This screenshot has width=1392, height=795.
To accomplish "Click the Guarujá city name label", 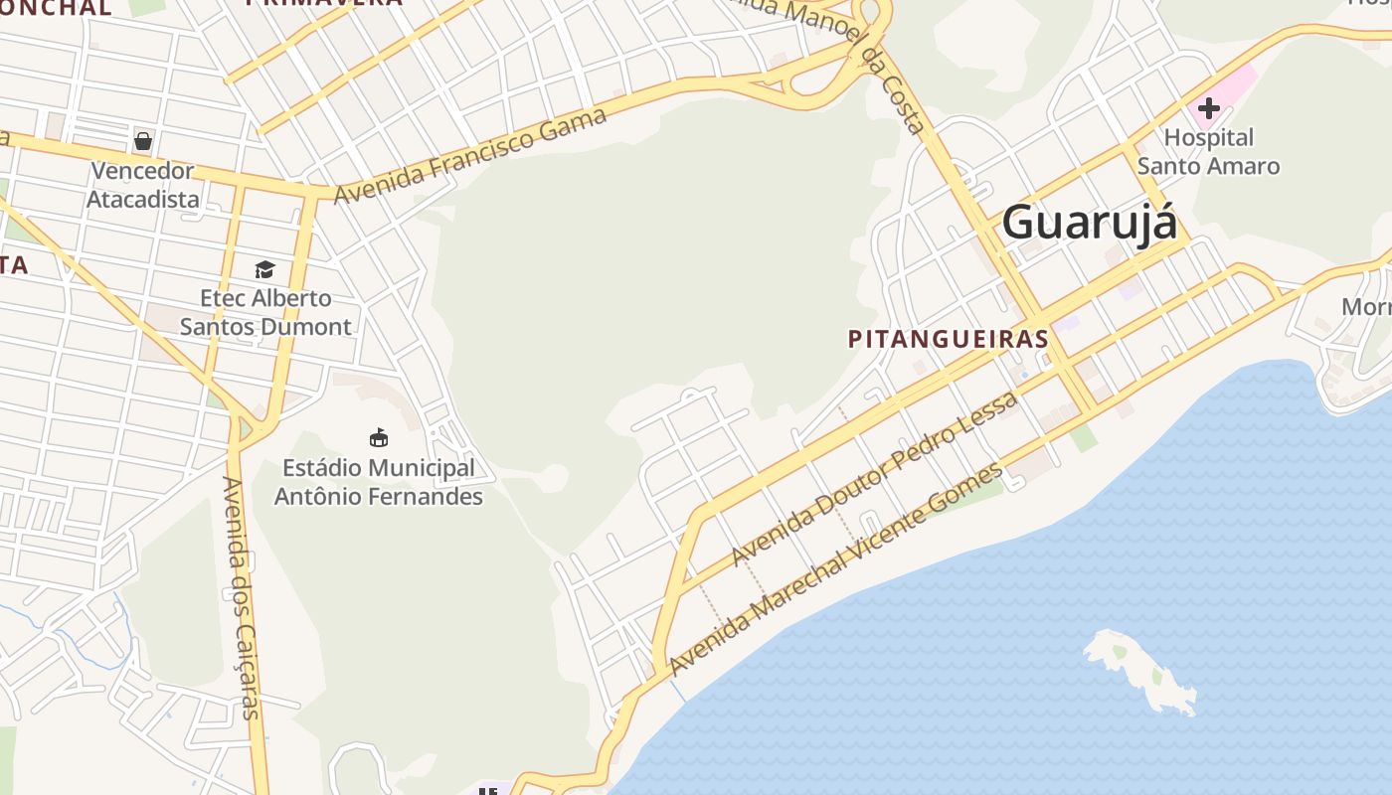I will click(1089, 222).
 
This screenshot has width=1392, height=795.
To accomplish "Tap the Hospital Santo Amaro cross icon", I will click(1208, 107).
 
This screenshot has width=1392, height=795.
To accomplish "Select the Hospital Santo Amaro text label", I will click(1208, 151).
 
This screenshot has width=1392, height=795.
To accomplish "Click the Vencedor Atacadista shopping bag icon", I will click(143, 141).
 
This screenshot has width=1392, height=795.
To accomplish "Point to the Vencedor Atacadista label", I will click(142, 185).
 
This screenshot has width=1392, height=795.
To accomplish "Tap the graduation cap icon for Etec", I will click(264, 269).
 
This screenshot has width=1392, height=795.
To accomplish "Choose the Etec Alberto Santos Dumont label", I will click(265, 312).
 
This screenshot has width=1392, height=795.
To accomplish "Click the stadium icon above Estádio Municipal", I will click(378, 437).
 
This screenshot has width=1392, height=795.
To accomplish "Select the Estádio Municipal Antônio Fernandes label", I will click(378, 481).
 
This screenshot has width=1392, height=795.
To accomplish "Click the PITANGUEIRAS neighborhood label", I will click(948, 339).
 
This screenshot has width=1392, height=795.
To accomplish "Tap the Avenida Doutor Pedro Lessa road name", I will click(874, 479).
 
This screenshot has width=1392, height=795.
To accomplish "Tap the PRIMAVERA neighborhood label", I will click(324, 3).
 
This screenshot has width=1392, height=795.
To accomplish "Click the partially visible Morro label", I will click(1366, 307).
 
